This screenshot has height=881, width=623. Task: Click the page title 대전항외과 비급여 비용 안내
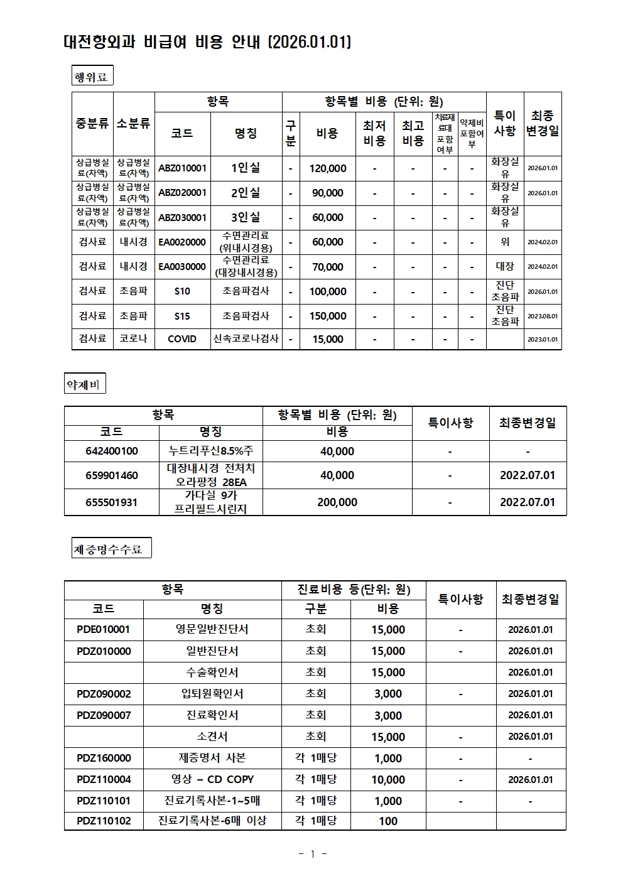point(207,42)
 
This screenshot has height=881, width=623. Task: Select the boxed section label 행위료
point(92,77)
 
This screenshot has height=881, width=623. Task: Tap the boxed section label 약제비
point(84,384)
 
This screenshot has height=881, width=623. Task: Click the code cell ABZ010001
point(182,168)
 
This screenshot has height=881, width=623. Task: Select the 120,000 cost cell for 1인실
point(327,168)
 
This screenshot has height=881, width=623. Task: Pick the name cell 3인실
point(246,217)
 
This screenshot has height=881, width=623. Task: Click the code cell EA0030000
point(182,266)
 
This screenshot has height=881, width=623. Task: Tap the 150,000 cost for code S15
point(327,316)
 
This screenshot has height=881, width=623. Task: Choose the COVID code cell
point(182,338)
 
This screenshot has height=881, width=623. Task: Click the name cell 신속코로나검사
point(246,338)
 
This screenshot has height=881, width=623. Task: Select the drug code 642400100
point(112,451)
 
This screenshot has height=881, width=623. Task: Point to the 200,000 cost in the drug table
point(337,502)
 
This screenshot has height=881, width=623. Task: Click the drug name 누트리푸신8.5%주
point(211,451)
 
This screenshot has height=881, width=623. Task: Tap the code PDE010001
point(104,629)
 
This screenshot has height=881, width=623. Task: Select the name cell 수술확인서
point(212,672)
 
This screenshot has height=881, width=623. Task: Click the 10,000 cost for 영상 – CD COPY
point(388,779)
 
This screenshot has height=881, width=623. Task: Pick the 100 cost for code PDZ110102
point(388,821)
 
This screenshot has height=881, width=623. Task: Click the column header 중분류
point(92,123)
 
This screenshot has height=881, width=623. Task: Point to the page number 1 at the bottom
point(312,854)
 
